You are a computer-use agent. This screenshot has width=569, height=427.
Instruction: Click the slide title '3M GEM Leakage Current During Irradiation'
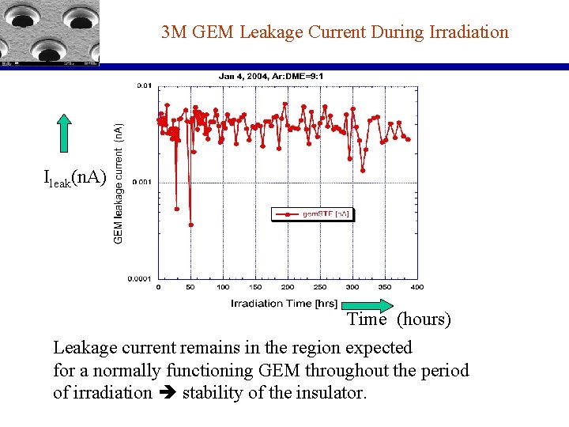tap(334, 32)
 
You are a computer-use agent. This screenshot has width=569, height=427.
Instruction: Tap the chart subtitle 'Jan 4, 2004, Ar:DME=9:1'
tap(275, 76)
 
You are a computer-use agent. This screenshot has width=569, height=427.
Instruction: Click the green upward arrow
tap(65, 133)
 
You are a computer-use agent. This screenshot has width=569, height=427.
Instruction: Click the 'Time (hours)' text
tap(399, 319)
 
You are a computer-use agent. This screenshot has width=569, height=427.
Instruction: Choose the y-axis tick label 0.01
tap(145, 85)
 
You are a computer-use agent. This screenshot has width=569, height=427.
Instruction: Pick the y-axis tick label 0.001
tap(143, 182)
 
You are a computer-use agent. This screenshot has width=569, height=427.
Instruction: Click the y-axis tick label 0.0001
tap(141, 278)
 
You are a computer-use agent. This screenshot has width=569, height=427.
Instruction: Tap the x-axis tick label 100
tap(224, 287)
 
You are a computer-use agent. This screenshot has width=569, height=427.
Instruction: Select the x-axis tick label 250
tap(320, 287)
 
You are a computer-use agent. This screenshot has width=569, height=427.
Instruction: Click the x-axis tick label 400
tap(416, 287)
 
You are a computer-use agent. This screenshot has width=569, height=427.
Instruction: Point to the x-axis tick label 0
tap(159, 287)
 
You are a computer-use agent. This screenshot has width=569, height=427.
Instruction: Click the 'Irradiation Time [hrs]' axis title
tap(284, 304)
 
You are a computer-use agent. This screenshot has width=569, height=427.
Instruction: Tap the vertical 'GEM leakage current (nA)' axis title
tap(119, 183)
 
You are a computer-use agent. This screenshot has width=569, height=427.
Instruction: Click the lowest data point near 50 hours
tap(190, 225)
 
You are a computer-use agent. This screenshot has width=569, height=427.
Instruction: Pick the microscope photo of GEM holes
tap(49, 32)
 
